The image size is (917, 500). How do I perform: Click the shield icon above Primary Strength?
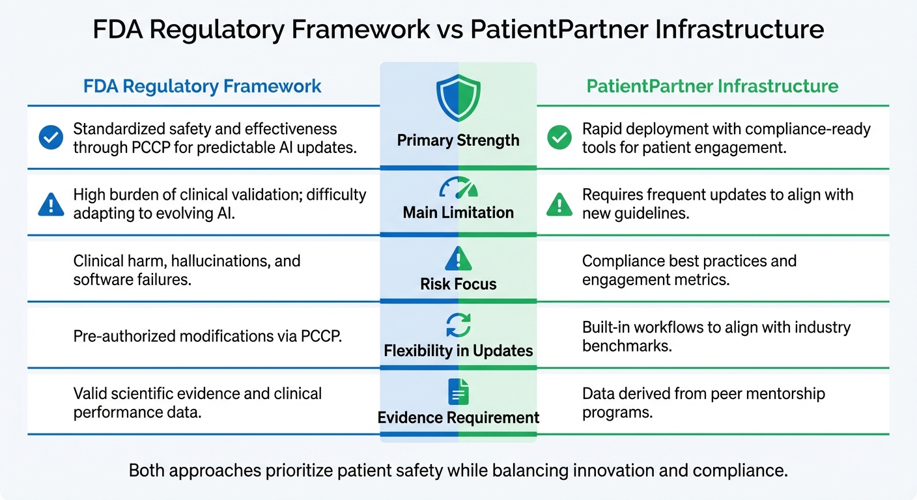pyautogui.click(x=458, y=98)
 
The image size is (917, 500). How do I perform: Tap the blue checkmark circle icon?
pyautogui.click(x=51, y=138)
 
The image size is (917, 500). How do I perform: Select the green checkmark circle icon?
pyautogui.click(x=559, y=138)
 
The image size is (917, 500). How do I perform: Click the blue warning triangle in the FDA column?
pyautogui.click(x=51, y=204)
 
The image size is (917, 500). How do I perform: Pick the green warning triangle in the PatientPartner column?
pyautogui.click(x=559, y=204)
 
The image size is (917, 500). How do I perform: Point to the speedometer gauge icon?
pyautogui.click(x=458, y=188)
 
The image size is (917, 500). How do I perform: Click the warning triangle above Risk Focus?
pyautogui.click(x=458, y=258)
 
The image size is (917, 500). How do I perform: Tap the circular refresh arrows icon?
pyautogui.click(x=458, y=325)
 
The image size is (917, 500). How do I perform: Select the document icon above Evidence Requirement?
pyautogui.click(x=458, y=392)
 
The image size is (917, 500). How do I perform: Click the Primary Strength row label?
pyautogui.click(x=458, y=141)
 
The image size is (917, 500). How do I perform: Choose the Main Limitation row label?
pyautogui.click(x=458, y=212)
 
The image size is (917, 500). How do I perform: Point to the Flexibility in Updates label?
pyautogui.click(x=458, y=351)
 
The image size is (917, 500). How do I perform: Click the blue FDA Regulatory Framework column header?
pyautogui.click(x=203, y=86)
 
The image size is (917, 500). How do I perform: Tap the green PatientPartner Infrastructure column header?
pyautogui.click(x=712, y=86)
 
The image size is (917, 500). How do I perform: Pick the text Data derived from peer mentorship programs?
pyautogui.click(x=703, y=403)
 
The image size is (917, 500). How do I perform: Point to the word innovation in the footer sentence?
pyautogui.click(x=606, y=471)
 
